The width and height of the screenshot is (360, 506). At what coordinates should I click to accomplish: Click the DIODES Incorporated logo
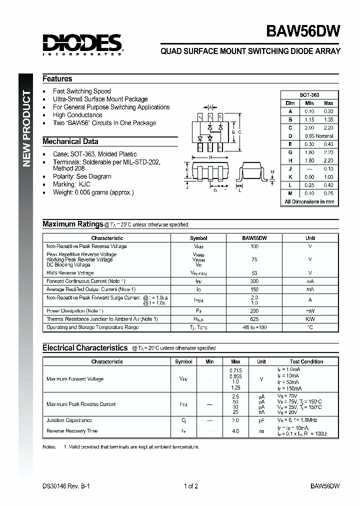pyautogui.click(x=82, y=44)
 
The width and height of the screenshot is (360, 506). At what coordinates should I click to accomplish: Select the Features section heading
pyautogui.click(x=57, y=79)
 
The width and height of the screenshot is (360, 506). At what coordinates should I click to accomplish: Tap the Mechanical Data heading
pyautogui.click(x=70, y=141)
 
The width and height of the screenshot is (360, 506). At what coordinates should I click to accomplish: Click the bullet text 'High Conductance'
pyautogui.click(x=77, y=115)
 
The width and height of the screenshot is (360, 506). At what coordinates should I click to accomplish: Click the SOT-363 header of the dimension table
pyautogui.click(x=309, y=95)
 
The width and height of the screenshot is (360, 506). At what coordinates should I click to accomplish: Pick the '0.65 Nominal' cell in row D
pyautogui.click(x=318, y=136)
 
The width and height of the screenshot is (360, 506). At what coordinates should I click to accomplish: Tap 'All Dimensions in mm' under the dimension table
pyautogui.click(x=309, y=202)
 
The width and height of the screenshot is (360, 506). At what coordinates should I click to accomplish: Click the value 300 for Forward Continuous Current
pyautogui.click(x=254, y=281)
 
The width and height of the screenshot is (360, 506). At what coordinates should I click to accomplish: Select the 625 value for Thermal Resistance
pyautogui.click(x=254, y=319)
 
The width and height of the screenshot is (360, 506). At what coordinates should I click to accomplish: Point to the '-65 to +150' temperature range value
pyautogui.click(x=254, y=327)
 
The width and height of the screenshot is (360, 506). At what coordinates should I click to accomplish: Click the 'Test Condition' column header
pyautogui.click(x=306, y=361)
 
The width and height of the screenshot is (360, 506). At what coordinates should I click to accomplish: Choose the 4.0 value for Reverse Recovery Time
pyautogui.click(x=235, y=431)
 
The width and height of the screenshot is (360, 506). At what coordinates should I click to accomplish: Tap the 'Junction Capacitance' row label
pyautogui.click(x=69, y=420)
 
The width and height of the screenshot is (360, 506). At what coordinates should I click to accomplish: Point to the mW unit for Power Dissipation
pyautogui.click(x=310, y=311)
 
